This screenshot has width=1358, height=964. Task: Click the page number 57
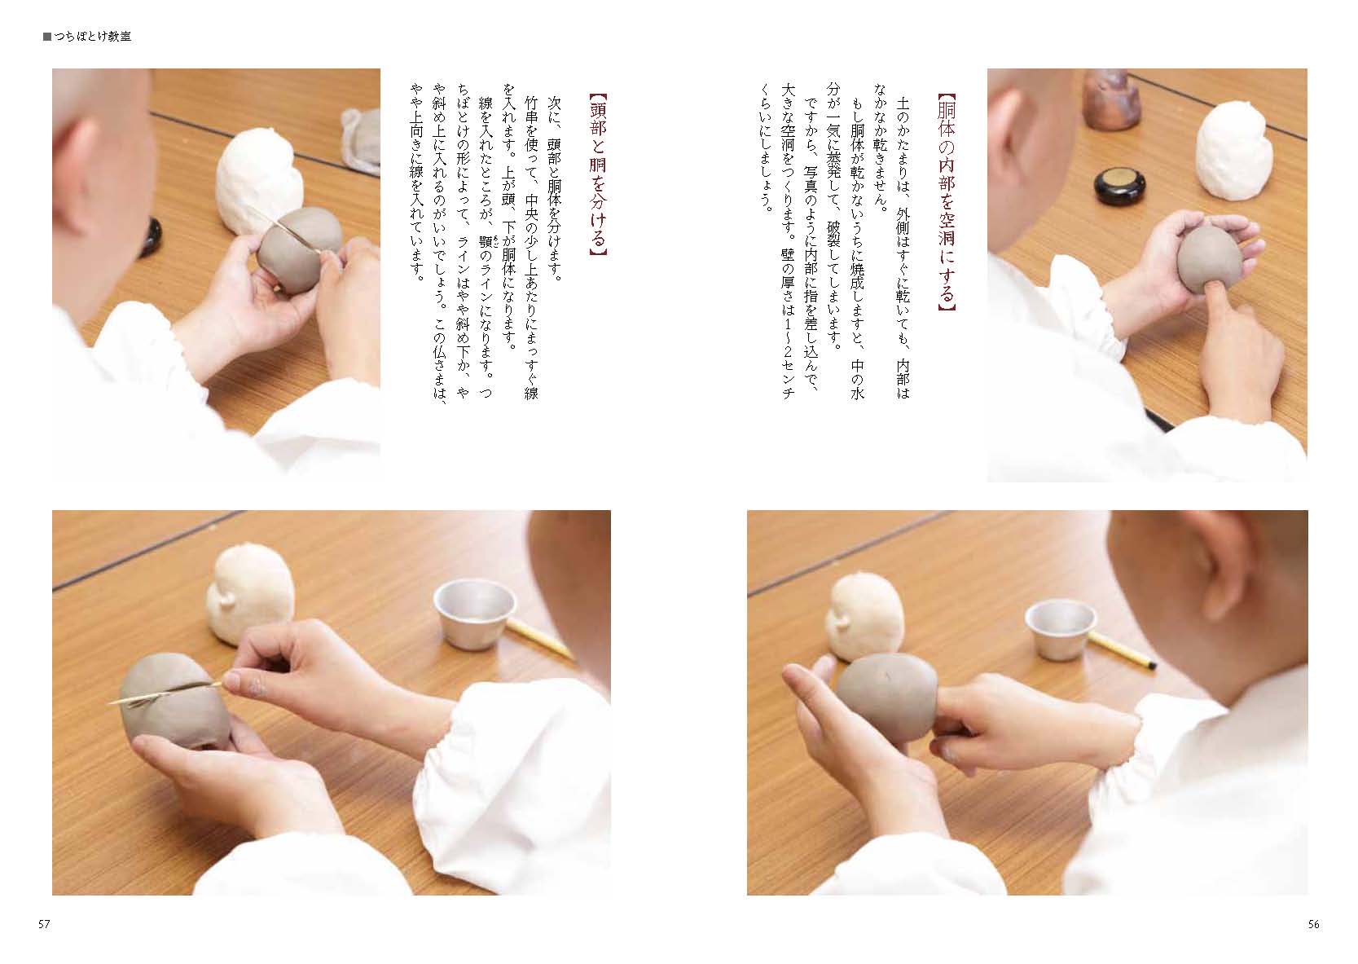click(x=44, y=924)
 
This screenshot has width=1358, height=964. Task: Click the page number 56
click(x=1313, y=924)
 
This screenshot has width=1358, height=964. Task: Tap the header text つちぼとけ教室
click(x=92, y=37)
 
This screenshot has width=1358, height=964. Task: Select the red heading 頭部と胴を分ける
click(x=598, y=175)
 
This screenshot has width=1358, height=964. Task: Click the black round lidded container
click(x=1120, y=185)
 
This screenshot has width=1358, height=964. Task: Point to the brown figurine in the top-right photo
click(x=1108, y=99)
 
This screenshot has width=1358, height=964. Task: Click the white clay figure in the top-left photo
click(x=259, y=182)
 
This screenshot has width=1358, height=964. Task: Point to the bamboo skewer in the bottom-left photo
click(x=165, y=693)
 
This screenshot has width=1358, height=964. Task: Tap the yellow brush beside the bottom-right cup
click(x=1122, y=650)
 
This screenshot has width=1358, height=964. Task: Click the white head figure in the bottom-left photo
click(x=250, y=594)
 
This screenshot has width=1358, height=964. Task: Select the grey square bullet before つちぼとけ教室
click(x=47, y=37)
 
